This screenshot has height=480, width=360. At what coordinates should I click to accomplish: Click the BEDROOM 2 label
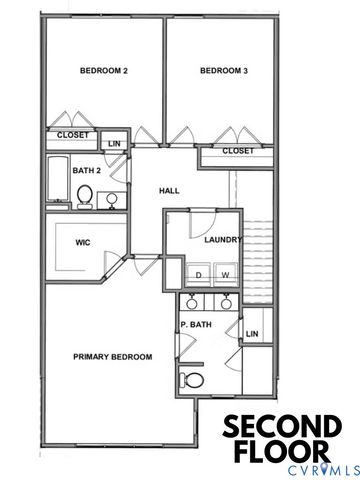click(x=103, y=70)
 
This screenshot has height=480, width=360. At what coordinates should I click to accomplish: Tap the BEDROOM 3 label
click(x=223, y=70)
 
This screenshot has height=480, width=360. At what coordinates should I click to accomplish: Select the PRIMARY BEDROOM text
click(x=112, y=357)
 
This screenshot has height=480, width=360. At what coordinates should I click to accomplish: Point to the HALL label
click(x=169, y=190)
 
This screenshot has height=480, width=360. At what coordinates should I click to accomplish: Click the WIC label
click(x=84, y=242)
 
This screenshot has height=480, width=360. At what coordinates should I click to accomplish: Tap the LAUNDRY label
click(x=223, y=240)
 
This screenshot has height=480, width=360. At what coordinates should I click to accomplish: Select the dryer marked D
click(x=199, y=274)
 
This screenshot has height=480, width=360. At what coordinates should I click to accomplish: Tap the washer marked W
click(x=225, y=274)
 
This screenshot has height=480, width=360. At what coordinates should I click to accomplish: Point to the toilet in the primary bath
click(x=191, y=379)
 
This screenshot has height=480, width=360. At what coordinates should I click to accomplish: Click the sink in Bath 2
click(x=110, y=199)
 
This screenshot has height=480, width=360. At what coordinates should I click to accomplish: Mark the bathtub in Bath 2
click(x=55, y=181)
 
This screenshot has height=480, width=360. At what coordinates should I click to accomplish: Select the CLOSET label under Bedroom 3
click(x=237, y=151)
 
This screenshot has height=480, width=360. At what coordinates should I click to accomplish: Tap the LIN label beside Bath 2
click(x=115, y=143)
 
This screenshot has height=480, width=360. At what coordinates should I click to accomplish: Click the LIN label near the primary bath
click(x=252, y=333)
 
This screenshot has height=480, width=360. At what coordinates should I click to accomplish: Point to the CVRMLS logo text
click(x=296, y=468)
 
